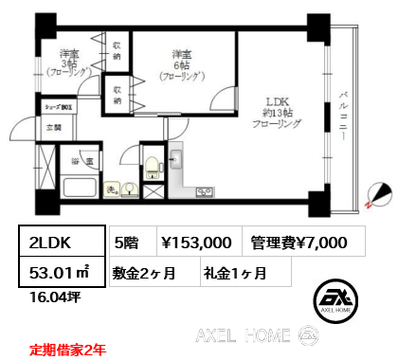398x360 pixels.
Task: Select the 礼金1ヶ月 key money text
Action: (234, 273)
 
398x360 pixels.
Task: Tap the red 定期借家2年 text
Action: (67, 348)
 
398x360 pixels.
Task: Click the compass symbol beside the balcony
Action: (380, 193)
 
